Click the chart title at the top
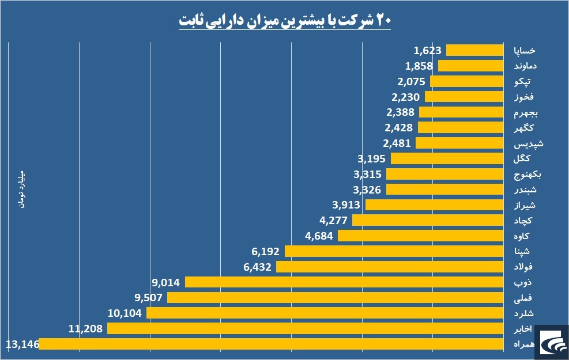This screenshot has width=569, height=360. tap(285, 20)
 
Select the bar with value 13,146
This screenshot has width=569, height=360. tap(271, 344)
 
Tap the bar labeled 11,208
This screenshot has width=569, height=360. tap(305, 328)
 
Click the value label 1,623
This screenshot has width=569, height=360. tap(428, 50)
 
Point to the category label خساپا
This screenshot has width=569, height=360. tap(525, 50)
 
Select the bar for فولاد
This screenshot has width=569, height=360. tap(390, 267)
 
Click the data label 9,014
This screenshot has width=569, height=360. tap(166, 282)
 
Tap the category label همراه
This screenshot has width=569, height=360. tap(525, 344)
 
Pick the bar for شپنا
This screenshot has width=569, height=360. tap(394, 251)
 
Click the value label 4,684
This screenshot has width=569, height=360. tap(319, 236)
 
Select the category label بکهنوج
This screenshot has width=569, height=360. tap(527, 175)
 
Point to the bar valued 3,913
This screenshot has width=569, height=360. tap(434, 205)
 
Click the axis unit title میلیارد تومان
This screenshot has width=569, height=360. tap(22, 190)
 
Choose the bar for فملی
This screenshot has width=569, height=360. tap(336, 298)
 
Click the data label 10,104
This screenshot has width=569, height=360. tap(125, 313)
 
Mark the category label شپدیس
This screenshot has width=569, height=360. tap(528, 143)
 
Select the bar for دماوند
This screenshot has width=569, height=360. tap(470, 66)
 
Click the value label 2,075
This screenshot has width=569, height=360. tap(411, 82)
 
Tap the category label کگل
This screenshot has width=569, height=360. tap(522, 158)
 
